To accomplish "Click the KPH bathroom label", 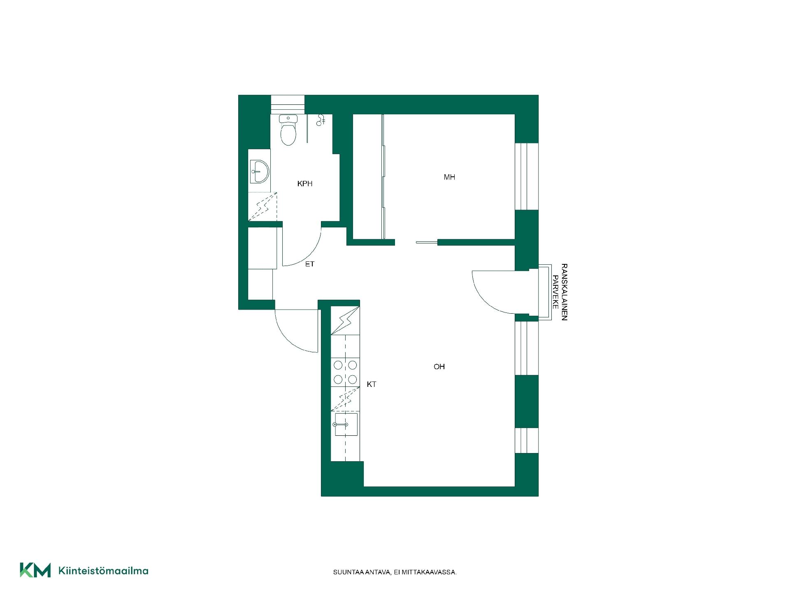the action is pos(305,184).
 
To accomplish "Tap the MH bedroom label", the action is pos(449,177).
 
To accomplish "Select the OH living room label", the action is pos(439,367).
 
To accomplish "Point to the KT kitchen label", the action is pos(372,384).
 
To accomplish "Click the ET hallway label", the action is pos(310,264).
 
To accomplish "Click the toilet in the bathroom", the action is pos(288,129).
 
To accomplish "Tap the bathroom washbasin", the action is pos(259,171).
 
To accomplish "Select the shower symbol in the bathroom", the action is pos(321,120).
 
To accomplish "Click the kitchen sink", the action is pos(346,424).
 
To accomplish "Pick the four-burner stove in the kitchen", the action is pos(345,372).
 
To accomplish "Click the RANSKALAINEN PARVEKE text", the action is pos(560,292).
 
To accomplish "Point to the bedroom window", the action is pos(527,176).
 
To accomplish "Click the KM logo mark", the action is pos(35,570).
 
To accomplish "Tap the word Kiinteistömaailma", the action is pos(103,571).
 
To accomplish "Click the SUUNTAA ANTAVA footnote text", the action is pos(395,572).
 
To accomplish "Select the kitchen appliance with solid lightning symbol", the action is pos(345,320).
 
